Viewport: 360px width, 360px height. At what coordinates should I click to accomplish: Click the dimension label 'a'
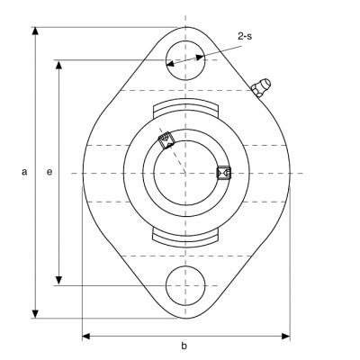click(x=24, y=172)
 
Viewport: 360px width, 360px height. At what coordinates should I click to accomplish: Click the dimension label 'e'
click(x=49, y=172)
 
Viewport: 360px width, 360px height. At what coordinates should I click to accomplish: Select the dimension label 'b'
click(x=184, y=346)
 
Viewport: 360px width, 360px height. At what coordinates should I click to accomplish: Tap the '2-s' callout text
click(x=245, y=36)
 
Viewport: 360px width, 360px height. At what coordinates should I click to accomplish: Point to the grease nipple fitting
click(x=260, y=87)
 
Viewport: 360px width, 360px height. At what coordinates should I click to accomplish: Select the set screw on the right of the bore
click(x=223, y=173)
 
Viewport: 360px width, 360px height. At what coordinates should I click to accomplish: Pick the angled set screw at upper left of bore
click(x=166, y=140)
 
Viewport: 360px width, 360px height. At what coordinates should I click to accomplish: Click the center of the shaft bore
click(x=185, y=173)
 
